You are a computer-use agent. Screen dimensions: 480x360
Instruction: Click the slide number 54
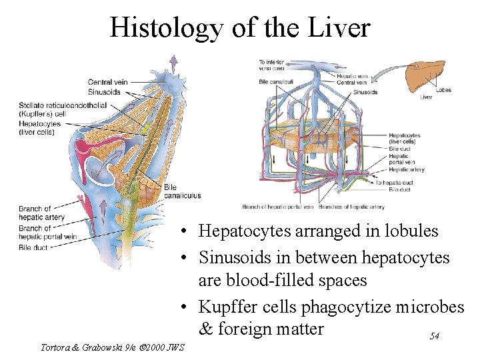pyautogui.click(x=434, y=337)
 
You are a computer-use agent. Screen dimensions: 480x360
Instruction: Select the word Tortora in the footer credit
pyautogui.click(x=57, y=347)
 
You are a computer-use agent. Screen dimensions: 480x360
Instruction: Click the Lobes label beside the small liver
pyautogui.click(x=443, y=90)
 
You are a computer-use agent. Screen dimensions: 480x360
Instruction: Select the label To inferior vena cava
pyautogui.click(x=271, y=65)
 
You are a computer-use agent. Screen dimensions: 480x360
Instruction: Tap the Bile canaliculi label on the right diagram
pyautogui.click(x=273, y=82)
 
